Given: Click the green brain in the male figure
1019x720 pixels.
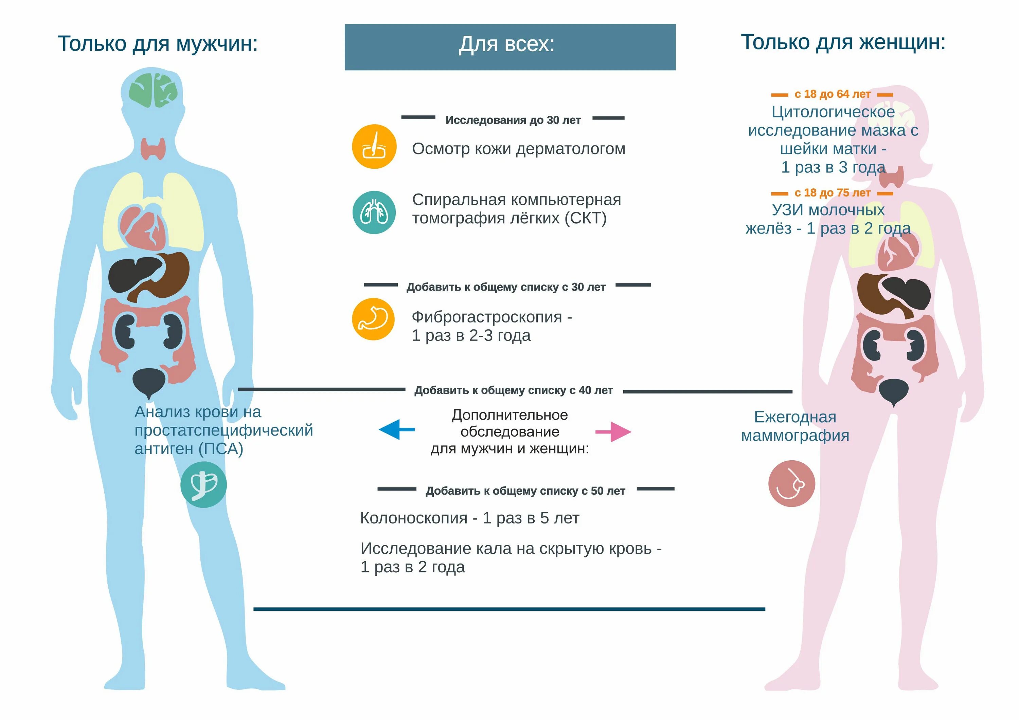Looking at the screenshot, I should [x=154, y=90].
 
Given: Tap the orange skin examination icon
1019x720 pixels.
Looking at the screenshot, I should [x=374, y=147].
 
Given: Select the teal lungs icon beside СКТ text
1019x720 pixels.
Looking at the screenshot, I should [x=374, y=212].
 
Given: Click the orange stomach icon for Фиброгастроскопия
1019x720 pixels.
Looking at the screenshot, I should [x=373, y=319].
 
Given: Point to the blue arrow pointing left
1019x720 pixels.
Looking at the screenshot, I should [x=396, y=429].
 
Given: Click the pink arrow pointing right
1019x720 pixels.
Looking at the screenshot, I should [x=613, y=432].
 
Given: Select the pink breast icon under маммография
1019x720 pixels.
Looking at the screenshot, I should [x=791, y=483].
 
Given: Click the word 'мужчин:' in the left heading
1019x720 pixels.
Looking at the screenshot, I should [x=217, y=43].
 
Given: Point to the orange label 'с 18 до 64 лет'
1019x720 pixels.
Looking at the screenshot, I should [x=832, y=94].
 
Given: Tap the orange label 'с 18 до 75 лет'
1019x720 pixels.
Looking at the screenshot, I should [x=832, y=193].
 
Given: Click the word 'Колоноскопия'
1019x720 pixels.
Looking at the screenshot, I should [x=414, y=518].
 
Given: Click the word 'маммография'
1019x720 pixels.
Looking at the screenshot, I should [x=795, y=436].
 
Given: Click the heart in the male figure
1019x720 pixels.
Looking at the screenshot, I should [x=143, y=227].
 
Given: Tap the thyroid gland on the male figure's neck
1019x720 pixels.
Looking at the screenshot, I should [x=153, y=149].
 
